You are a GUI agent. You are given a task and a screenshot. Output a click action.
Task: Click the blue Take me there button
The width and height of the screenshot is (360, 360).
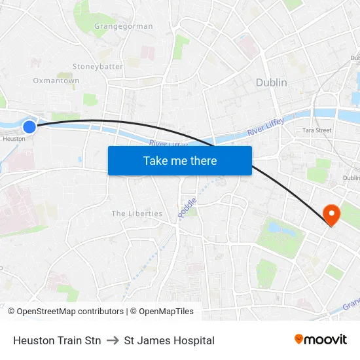(x=180, y=160)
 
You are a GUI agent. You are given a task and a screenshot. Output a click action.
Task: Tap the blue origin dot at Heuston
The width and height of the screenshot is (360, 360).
(x=29, y=126)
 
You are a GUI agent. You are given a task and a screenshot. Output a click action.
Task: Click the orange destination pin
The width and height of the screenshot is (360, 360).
(x=331, y=215)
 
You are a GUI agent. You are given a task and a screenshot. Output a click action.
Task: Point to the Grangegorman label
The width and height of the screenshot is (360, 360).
(x=124, y=27)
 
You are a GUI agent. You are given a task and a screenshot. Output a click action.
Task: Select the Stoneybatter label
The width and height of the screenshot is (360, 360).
(x=98, y=67)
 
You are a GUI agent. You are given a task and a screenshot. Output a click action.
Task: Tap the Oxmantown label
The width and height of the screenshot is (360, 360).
(x=56, y=81)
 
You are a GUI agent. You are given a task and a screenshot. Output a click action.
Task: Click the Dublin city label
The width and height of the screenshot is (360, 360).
(x=271, y=82)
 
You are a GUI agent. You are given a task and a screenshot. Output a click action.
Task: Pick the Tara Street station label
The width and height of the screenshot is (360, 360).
(x=317, y=130)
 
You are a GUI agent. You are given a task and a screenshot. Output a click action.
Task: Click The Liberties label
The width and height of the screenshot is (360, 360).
(x=137, y=213)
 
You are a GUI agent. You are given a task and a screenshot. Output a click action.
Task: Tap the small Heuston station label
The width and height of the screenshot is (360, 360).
(x=14, y=139)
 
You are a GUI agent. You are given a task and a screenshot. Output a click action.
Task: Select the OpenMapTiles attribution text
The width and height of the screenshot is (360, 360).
(x=166, y=312)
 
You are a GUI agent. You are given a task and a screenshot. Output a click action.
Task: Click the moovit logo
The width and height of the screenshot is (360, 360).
(x=321, y=339)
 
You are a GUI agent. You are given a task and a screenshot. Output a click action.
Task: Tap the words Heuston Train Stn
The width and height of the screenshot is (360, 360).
(x=57, y=340)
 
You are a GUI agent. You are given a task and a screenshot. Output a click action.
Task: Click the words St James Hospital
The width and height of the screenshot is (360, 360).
(x=169, y=340)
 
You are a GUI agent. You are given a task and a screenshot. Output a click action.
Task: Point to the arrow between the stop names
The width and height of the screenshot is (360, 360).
(x=112, y=340)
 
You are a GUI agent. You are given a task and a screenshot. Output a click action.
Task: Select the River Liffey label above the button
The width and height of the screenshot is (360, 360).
(x=168, y=144)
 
